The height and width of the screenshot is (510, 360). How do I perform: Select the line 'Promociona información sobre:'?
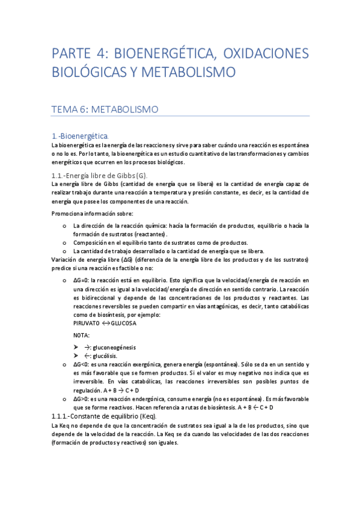[x=93, y=214]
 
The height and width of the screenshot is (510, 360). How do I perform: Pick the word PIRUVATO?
[x=87, y=323]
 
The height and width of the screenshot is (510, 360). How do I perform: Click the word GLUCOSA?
[x=123, y=323]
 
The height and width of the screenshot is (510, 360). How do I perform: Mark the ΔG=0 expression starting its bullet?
[x=82, y=281]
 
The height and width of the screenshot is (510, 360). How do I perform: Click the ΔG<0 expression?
[x=82, y=365]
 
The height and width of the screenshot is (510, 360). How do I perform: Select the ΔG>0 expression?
[x=82, y=399]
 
